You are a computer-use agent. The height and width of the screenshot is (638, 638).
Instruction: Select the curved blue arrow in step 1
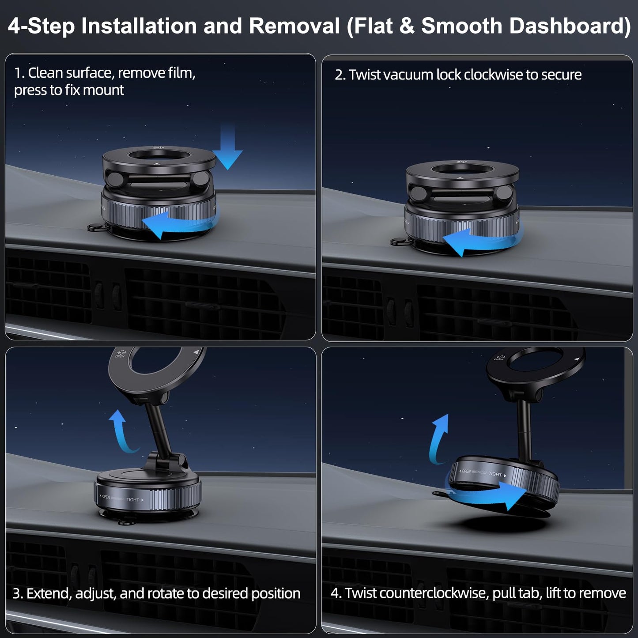tap(177, 223)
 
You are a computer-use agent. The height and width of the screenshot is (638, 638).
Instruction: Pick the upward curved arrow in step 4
tap(439, 437)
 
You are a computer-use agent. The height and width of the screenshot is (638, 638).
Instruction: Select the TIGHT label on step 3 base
tap(133, 500)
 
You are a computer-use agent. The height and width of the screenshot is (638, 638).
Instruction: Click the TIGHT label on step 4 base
tap(495, 474)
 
